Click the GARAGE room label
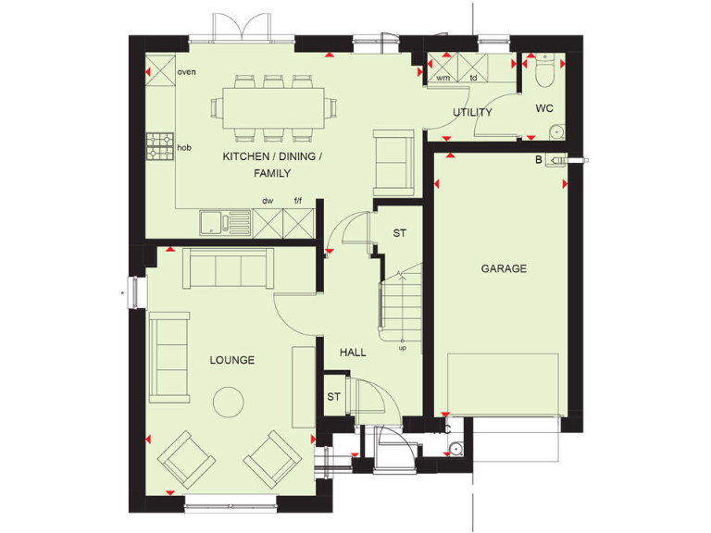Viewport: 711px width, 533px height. point(504,269)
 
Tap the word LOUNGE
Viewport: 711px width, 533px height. point(231,360)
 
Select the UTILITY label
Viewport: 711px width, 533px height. point(472,113)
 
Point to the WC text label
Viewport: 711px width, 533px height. point(544,108)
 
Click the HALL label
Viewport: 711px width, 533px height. point(353,353)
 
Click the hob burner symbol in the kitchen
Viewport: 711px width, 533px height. point(160,146)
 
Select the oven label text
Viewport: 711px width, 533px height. point(186,72)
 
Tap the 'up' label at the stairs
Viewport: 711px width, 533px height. point(403,349)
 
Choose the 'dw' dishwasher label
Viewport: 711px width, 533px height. point(267,200)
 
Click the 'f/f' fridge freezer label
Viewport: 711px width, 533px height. point(298,200)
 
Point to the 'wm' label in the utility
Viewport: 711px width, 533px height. point(443,78)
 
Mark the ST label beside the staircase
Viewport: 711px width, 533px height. point(399,233)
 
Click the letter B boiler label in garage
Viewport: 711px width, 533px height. point(538,159)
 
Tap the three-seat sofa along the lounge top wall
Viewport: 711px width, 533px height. point(228,267)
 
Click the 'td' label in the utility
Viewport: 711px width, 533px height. point(473,78)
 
